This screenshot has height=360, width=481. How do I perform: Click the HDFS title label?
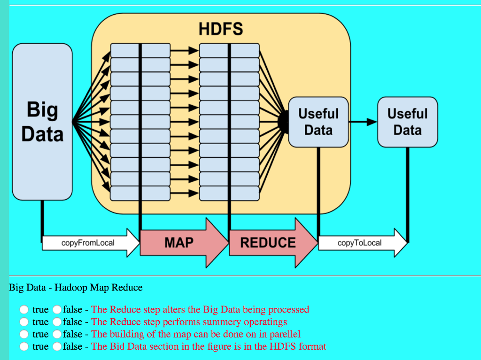point(221,29)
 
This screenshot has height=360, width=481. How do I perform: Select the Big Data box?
point(42,122)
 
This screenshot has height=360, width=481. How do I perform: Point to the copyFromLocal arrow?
point(89,243)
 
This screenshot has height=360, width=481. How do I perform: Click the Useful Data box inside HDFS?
point(318,122)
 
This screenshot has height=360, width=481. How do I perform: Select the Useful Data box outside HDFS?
point(407,122)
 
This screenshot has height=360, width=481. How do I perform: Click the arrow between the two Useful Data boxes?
point(363,122)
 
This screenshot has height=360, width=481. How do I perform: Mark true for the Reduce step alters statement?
point(23,310)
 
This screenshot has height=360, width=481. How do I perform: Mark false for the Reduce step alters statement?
point(57,310)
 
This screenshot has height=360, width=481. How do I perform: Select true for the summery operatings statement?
point(23,322)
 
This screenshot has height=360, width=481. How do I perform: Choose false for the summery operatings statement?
point(57,322)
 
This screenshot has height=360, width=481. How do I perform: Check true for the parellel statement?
point(23,334)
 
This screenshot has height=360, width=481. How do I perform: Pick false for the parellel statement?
point(57,334)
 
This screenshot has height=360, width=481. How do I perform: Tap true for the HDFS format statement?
point(23,346)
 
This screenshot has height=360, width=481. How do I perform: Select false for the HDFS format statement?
point(57,346)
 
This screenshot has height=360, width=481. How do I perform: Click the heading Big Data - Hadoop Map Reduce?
point(76,287)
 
